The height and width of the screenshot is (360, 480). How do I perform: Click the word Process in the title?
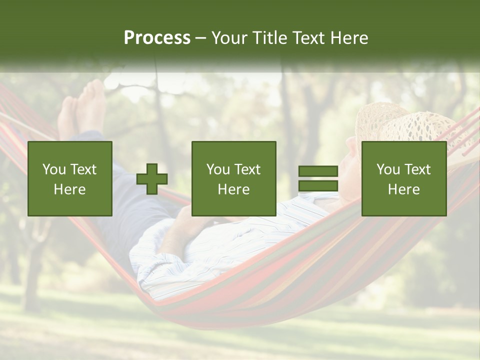tap(157, 38)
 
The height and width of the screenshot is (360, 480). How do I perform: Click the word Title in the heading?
tap(266, 38)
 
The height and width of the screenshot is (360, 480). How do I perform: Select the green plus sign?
tap(152, 178)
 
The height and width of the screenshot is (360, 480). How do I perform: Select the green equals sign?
tap(318, 178)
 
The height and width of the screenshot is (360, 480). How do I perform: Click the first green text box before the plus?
tap(70, 178)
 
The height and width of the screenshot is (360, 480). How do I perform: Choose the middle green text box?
tap(233, 178)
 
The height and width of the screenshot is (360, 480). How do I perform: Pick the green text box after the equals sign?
tap(403, 178)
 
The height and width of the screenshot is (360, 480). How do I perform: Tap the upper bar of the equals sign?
tap(318, 171)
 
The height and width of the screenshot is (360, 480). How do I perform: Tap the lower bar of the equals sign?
tap(318, 185)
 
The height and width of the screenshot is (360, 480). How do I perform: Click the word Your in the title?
tap(228, 38)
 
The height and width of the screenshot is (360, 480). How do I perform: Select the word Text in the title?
tap(307, 38)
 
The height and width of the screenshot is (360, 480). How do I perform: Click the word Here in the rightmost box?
tap(403, 189)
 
